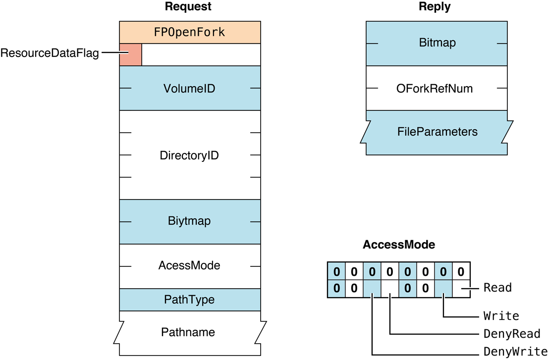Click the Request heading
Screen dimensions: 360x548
tap(188, 6)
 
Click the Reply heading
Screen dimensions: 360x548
tap(435, 6)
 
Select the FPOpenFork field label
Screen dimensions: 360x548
tap(189, 33)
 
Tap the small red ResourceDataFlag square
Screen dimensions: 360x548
tap(130, 54)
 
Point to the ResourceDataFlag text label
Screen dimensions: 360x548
tap(50, 53)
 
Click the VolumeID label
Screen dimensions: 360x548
tap(189, 89)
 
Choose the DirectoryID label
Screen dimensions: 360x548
tap(189, 155)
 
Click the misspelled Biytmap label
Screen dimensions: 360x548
tap(189, 221)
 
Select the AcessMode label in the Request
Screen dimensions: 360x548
tap(189, 266)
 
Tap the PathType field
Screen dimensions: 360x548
tap(189, 300)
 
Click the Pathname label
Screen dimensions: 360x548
tap(188, 332)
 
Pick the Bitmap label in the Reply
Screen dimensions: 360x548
tap(437, 43)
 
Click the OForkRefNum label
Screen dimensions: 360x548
tap(435, 89)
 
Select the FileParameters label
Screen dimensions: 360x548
tap(437, 132)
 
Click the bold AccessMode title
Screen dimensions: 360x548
tap(399, 245)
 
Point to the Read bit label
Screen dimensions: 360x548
tap(497, 288)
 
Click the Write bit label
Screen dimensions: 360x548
tap(501, 315)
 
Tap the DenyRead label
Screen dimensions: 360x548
tap(511, 334)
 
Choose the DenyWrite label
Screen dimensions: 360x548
tap(515, 352)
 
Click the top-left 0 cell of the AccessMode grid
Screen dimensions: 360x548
tap(336, 271)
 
